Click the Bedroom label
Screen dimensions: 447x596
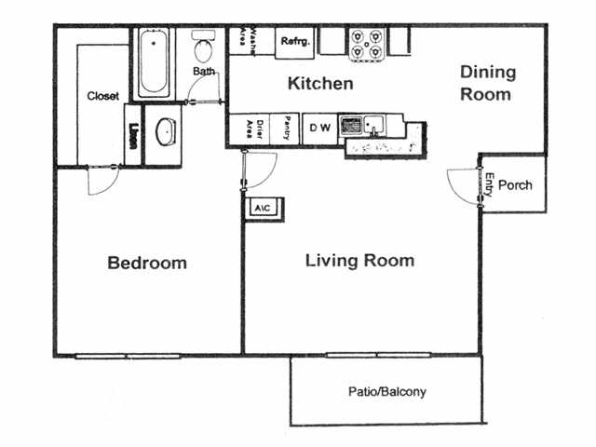click(x=147, y=263)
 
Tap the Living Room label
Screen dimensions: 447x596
click(x=359, y=260)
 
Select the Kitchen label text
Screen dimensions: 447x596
click(x=320, y=84)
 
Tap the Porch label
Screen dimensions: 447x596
click(x=515, y=185)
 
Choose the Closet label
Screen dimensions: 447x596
click(x=102, y=96)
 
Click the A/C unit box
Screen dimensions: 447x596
click(x=262, y=208)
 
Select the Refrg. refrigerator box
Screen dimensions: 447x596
click(x=296, y=40)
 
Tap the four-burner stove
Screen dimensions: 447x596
click(x=367, y=42)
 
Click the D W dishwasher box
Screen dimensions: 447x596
click(x=319, y=128)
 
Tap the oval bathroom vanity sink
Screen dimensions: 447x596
click(x=166, y=132)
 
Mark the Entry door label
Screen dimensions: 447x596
click(x=489, y=183)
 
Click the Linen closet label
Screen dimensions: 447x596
click(x=136, y=135)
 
